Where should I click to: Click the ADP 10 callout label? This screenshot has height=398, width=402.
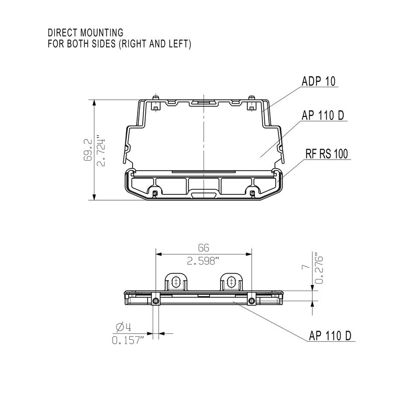pos(319,81)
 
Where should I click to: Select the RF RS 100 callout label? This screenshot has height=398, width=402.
pos(327,154)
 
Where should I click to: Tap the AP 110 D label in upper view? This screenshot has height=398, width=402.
pos(323,116)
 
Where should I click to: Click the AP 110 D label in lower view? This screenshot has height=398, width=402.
pos(330,335)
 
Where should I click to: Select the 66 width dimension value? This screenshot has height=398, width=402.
pos(203,248)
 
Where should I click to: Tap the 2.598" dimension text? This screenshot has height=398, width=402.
pos(203,261)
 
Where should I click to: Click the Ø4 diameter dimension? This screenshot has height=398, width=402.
pos(124,327)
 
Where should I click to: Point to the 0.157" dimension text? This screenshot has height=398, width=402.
pos(128,340)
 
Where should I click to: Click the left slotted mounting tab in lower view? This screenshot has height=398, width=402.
pos(175,282)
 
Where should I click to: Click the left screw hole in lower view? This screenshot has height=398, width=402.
pos(156,300)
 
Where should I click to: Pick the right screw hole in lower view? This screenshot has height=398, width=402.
pos(251,300)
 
